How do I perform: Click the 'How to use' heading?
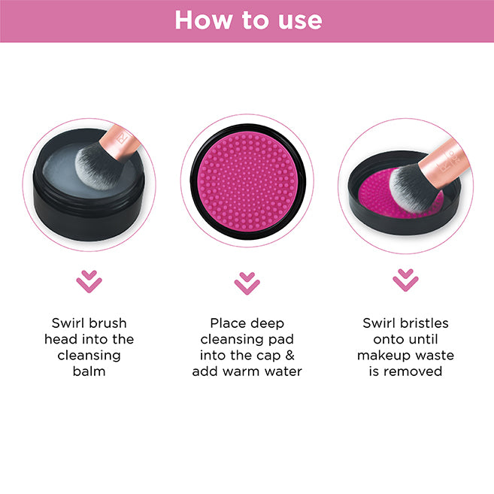point(248,20)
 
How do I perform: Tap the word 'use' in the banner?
point(300,22)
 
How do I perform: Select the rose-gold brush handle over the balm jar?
point(120,141)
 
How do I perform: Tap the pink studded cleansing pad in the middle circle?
point(248,181)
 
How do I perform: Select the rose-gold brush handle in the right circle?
point(445,163)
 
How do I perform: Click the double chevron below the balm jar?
point(89,281)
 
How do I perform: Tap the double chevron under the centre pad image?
point(247,283)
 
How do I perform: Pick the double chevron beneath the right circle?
point(405,280)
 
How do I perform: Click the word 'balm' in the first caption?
point(89,371)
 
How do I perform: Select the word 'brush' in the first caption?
point(108,323)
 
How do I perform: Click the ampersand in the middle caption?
point(289,356)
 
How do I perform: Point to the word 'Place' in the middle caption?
point(228,323)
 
